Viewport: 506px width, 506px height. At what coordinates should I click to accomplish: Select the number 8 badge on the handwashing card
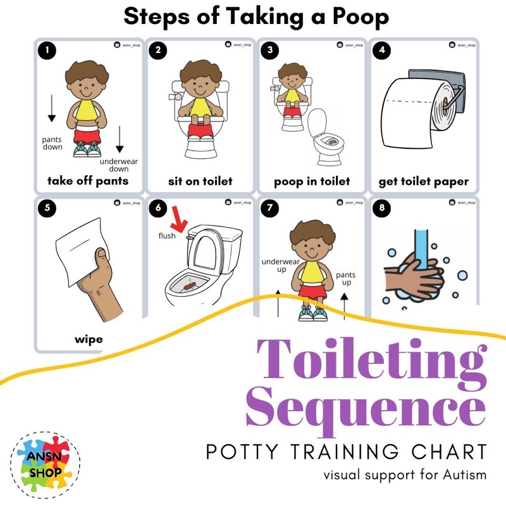[x=379, y=207]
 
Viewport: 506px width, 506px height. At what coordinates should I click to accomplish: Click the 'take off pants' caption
[x=88, y=182]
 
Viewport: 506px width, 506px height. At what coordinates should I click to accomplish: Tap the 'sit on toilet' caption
[x=200, y=182]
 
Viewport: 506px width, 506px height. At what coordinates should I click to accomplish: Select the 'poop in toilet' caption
[x=312, y=182]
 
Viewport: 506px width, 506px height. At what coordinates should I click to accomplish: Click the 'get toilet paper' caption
[x=424, y=182]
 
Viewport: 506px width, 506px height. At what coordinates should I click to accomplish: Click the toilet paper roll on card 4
[x=417, y=104]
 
